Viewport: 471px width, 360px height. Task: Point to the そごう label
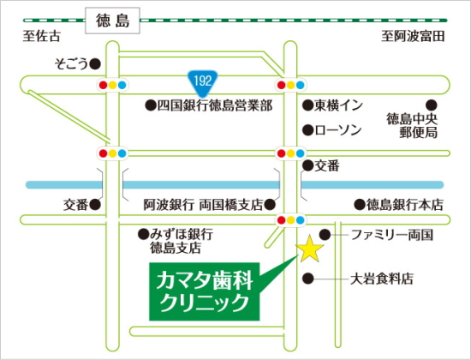71,63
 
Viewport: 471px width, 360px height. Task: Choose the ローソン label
338,130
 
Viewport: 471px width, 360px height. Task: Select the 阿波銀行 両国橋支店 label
202,205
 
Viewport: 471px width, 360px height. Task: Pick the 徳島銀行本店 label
407,205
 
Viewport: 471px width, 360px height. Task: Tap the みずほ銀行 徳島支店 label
180,241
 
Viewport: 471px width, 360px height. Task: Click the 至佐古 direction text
43,36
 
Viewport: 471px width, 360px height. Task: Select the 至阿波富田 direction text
414,36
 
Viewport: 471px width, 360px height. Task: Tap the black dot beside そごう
95,63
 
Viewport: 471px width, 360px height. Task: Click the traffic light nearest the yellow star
284,220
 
